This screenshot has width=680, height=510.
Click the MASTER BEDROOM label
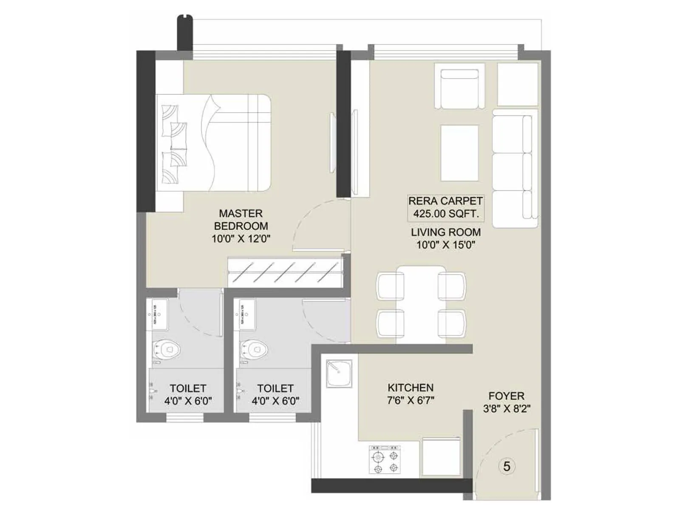[241, 219]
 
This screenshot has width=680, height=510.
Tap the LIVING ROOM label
[446, 232]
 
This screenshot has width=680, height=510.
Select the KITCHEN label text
[411, 388]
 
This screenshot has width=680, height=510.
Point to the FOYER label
[506, 396]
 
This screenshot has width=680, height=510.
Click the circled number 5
[507, 466]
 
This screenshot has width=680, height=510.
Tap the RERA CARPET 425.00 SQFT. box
[445, 207]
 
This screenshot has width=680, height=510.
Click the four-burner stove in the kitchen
[385, 459]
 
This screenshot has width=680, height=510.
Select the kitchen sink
[339, 373]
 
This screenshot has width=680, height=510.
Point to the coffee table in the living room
[459, 153]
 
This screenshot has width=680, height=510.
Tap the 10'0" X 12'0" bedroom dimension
[241, 239]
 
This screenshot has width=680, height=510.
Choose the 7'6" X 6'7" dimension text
[411, 400]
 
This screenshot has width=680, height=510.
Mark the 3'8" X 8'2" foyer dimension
[507, 409]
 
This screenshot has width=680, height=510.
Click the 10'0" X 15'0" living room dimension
[446, 245]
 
